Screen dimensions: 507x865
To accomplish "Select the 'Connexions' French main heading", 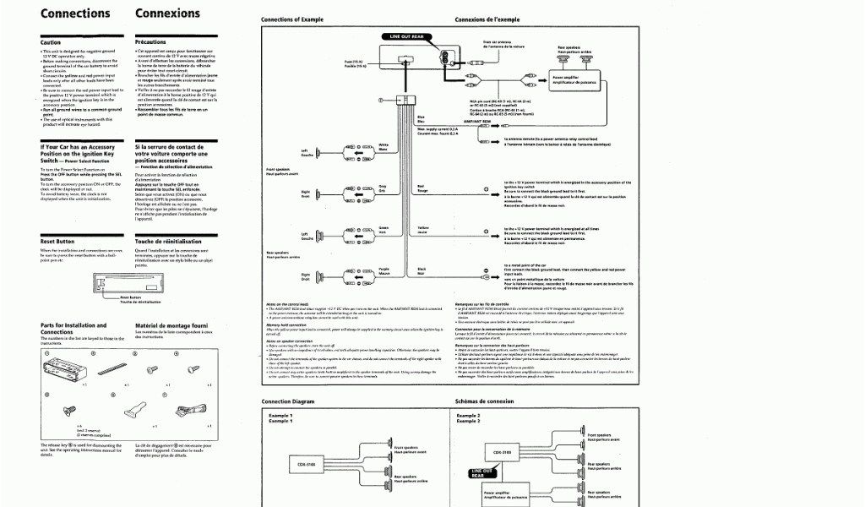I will (167, 14).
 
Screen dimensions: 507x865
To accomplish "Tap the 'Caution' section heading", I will (51, 41).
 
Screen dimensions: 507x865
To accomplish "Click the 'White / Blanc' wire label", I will (383, 147).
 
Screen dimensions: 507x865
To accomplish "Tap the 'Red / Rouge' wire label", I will (422, 188).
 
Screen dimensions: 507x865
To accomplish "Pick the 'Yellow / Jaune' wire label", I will (423, 229).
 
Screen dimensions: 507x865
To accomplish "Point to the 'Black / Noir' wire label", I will (421, 270).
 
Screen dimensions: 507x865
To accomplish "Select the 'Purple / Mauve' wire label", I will (384, 270).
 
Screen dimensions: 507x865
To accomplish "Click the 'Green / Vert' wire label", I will (383, 229).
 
